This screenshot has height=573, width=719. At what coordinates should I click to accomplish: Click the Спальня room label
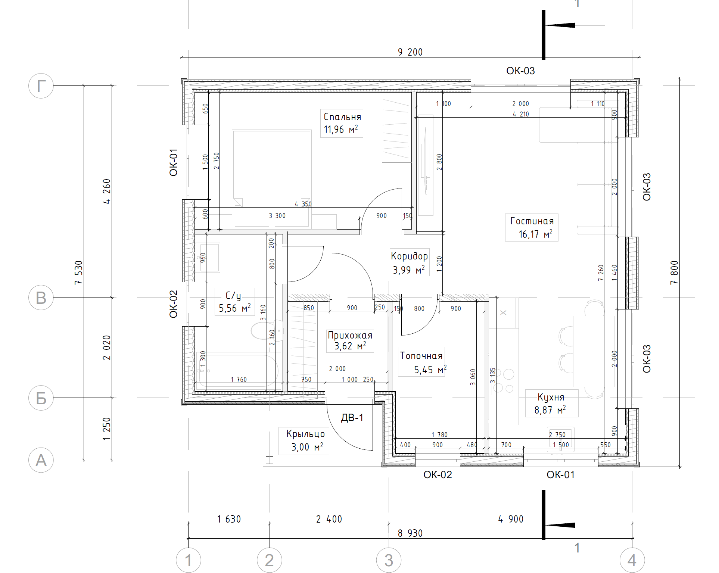click(x=342, y=123)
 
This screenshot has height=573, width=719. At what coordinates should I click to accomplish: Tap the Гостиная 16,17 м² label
click(x=532, y=227)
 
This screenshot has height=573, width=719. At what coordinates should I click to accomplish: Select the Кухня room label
click(x=551, y=403)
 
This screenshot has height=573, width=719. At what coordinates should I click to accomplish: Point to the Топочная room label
click(x=421, y=362)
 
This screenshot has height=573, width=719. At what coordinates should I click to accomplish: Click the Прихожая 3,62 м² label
click(x=350, y=340)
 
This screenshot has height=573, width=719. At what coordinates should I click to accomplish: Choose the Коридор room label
click(x=409, y=262)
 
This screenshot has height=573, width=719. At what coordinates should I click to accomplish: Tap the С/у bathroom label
click(x=234, y=302)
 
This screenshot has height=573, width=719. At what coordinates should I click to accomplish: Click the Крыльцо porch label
click(x=305, y=440)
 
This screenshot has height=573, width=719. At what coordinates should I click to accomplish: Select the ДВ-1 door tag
click(x=352, y=418)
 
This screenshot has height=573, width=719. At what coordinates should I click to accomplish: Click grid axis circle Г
click(x=41, y=86)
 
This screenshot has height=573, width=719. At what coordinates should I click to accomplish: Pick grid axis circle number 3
click(x=389, y=560)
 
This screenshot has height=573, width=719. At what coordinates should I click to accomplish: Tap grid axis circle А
click(x=41, y=460)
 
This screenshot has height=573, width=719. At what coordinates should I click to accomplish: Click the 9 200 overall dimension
click(x=410, y=52)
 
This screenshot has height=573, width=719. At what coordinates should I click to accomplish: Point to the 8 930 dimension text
click(x=410, y=533)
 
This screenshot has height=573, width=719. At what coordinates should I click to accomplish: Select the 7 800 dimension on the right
click(x=674, y=273)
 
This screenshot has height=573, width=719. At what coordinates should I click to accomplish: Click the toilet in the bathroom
click(x=266, y=330)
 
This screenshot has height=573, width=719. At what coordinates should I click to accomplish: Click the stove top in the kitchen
click(x=504, y=380)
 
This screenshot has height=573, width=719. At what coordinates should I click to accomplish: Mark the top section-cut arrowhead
click(x=560, y=25)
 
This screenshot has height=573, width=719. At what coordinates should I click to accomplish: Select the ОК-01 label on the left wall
click(x=174, y=162)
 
